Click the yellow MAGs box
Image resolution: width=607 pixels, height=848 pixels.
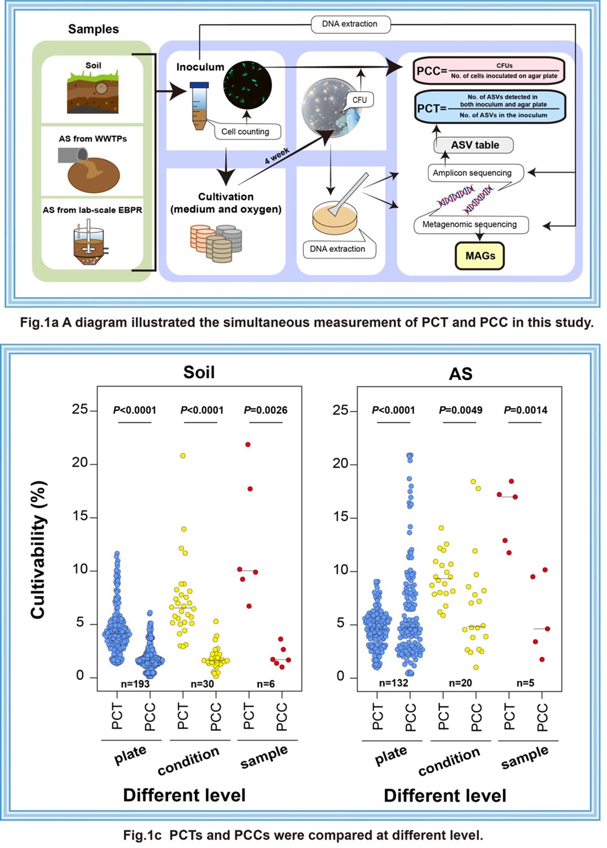tap(480, 256)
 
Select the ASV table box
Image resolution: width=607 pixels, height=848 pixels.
tap(474, 145)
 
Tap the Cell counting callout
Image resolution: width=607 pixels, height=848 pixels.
tap(245, 132)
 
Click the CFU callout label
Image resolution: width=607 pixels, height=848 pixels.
tap(359, 99)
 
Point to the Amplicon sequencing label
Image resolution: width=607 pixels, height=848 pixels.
tap(472, 173)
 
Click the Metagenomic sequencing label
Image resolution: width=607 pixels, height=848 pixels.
tap(470, 224)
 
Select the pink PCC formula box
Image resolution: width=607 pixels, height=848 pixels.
tap(488, 71)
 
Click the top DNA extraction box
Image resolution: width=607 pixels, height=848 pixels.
tap(350, 24)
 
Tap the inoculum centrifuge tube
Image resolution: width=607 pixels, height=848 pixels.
tap(198, 106)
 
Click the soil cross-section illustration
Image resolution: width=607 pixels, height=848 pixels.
tap(93, 93)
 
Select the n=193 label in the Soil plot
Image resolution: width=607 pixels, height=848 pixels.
tap(135, 684)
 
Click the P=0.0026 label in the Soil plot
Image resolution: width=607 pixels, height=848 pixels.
tap(265, 410)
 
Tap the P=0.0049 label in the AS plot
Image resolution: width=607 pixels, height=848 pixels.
tap(461, 410)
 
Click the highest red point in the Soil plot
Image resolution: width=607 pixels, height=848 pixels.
tap(248, 444)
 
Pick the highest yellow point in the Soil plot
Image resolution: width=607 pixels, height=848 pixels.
tap(183, 456)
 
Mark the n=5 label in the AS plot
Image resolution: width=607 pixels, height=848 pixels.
tap(525, 683)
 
